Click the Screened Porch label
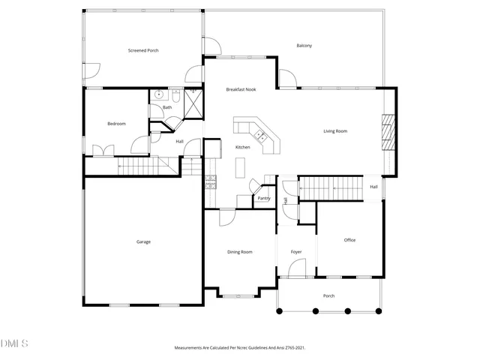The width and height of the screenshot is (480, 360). (143, 50)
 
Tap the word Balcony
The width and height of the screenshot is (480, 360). (304, 46)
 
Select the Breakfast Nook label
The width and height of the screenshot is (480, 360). (241, 89)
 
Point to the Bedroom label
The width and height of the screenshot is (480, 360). (116, 124)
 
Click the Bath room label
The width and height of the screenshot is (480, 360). (167, 107)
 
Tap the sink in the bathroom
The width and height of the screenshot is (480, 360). (158, 95)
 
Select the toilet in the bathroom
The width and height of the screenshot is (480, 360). (175, 95)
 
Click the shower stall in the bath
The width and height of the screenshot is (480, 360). (193, 102)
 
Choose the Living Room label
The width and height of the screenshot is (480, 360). (335, 131)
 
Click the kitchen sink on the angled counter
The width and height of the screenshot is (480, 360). (261, 136)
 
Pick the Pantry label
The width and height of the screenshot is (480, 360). (263, 199)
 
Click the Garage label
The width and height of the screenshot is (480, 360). (143, 241)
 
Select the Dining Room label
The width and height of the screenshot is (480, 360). (239, 252)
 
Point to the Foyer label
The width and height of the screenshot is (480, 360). (296, 252)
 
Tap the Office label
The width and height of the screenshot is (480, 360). (349, 240)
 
